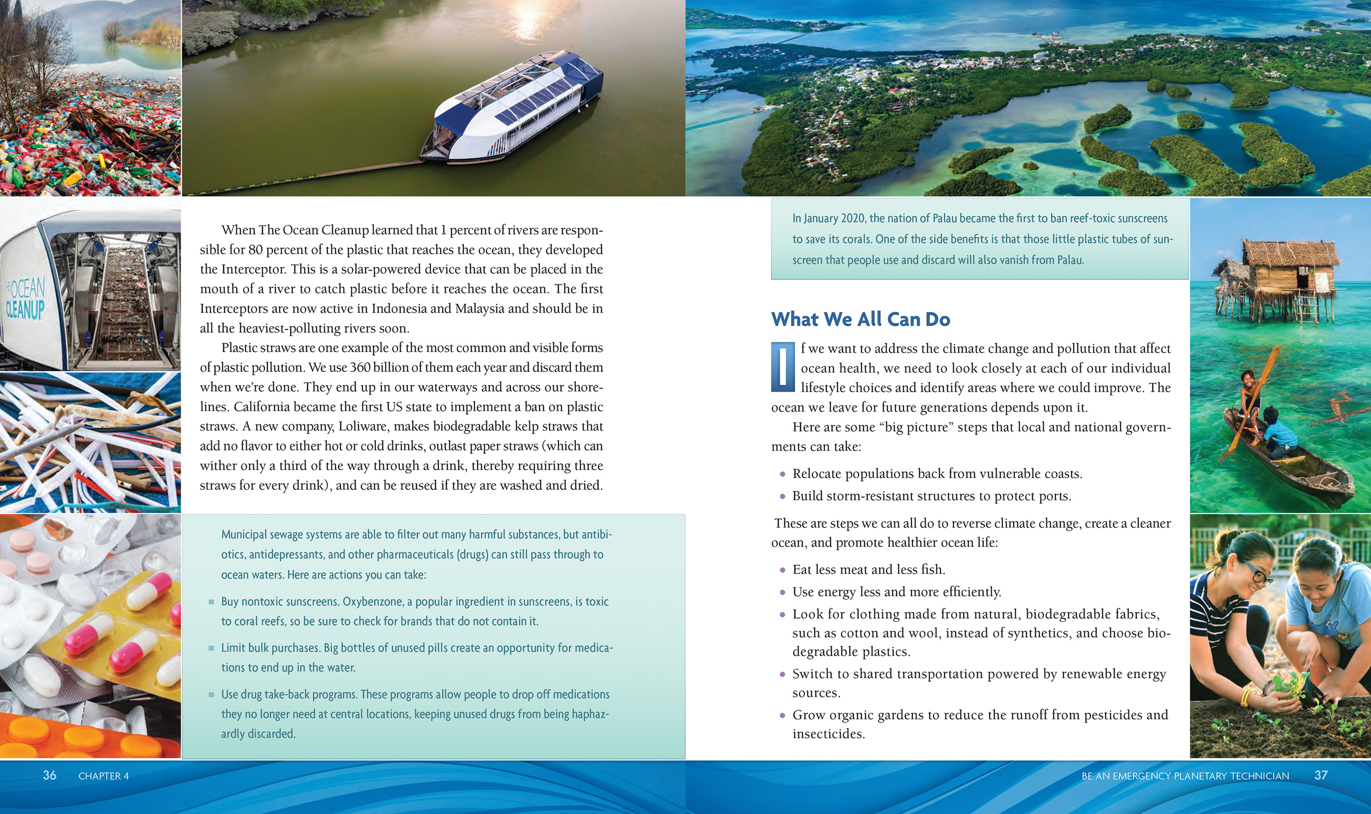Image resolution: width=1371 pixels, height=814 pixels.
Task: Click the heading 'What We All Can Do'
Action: pyautogui.click(x=860, y=319)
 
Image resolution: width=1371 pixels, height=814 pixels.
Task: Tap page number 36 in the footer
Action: pyautogui.click(x=49, y=775)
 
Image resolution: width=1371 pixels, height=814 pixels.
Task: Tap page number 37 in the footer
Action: pyautogui.click(x=1321, y=775)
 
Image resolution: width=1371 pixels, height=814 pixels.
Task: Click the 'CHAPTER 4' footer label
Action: pyautogui.click(x=104, y=776)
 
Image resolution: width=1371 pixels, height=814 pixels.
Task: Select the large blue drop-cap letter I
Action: pyautogui.click(x=782, y=367)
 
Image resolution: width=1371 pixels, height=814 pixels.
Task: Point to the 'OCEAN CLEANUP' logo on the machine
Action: pyautogui.click(x=25, y=299)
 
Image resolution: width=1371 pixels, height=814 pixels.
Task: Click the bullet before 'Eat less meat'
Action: pyautogui.click(x=782, y=570)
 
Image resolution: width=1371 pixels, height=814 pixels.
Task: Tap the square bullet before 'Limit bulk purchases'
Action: pyautogui.click(x=211, y=648)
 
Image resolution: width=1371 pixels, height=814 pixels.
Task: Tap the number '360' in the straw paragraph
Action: pyautogui.click(x=360, y=367)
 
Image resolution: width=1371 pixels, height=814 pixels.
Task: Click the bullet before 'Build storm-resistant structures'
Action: pyautogui.click(x=782, y=497)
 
